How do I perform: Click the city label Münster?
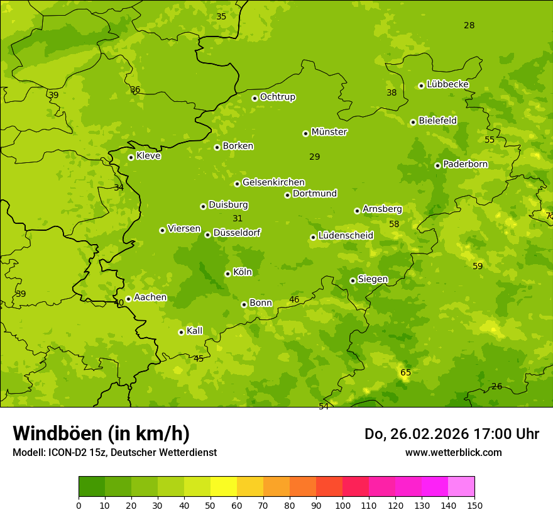329,132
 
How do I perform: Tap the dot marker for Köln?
227,274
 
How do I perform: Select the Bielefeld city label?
437,121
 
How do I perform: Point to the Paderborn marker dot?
437,165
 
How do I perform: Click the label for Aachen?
150,297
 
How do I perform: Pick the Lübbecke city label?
447,84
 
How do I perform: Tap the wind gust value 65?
406,373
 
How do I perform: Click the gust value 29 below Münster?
315,157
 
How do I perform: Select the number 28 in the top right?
469,25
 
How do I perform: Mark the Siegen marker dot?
353,280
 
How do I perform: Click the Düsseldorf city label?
237,233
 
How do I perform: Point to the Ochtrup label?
278,97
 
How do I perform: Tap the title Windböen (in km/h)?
101,433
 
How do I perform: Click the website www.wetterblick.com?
453,452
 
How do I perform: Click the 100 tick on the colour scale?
342,505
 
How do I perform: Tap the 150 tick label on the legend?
474,505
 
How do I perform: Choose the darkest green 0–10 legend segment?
92,487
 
